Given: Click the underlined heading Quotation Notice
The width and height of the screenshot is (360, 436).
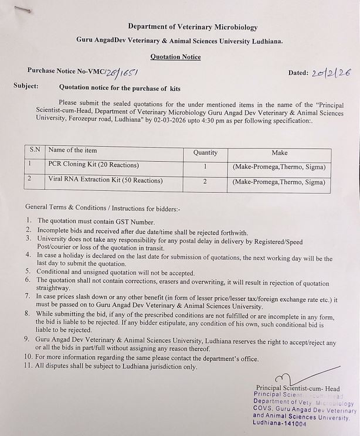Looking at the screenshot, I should [x=175, y=57].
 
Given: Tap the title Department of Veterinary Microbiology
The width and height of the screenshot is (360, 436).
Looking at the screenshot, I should [x=192, y=27].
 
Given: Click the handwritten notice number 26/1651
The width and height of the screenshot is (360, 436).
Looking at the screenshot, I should [x=121, y=72].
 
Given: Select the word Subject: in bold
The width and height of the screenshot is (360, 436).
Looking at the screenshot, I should [x=26, y=86].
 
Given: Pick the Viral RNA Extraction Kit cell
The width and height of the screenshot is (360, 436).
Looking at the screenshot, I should [x=97, y=181].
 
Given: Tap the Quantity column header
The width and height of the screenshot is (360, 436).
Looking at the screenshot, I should [x=205, y=152].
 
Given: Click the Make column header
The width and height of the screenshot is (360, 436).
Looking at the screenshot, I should [x=279, y=152].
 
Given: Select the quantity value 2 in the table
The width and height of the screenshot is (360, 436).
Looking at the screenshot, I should [x=205, y=182].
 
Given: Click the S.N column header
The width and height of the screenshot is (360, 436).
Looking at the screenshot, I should [x=35, y=150].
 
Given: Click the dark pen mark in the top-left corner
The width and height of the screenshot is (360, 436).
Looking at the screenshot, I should [x=24, y=10].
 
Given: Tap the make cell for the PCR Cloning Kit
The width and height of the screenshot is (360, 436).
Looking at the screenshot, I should [x=279, y=167].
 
